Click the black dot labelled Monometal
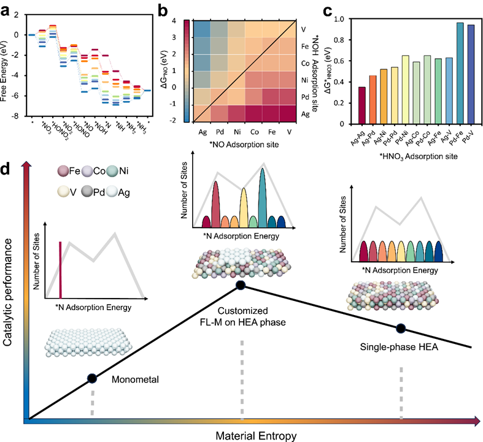pos(91,379)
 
